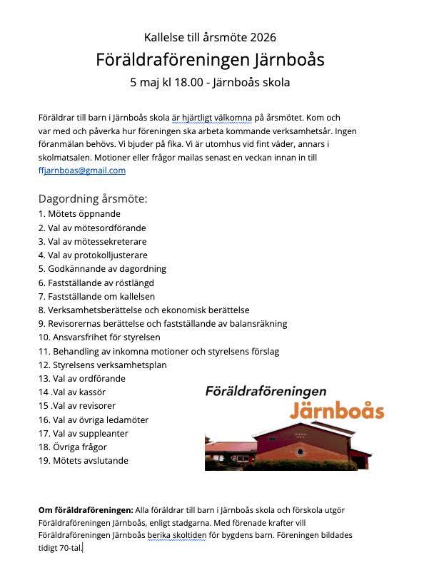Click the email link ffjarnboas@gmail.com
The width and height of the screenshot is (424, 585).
[82, 171]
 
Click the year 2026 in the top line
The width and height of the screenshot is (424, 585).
[263, 37]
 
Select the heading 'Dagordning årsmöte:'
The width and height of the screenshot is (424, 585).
[93, 198]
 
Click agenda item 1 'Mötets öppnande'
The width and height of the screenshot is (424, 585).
[79, 213]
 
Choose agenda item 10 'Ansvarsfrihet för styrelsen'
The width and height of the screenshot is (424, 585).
[99, 337]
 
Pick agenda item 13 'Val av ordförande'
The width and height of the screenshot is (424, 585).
[81, 378]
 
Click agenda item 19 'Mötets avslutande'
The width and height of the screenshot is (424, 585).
[84, 460]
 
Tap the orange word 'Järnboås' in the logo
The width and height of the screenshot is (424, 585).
[337, 410]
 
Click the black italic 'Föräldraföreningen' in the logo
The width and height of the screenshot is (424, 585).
[266, 391]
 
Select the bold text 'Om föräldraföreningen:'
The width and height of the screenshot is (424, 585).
[86, 510]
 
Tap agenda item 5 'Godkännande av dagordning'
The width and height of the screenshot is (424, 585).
[102, 268]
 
